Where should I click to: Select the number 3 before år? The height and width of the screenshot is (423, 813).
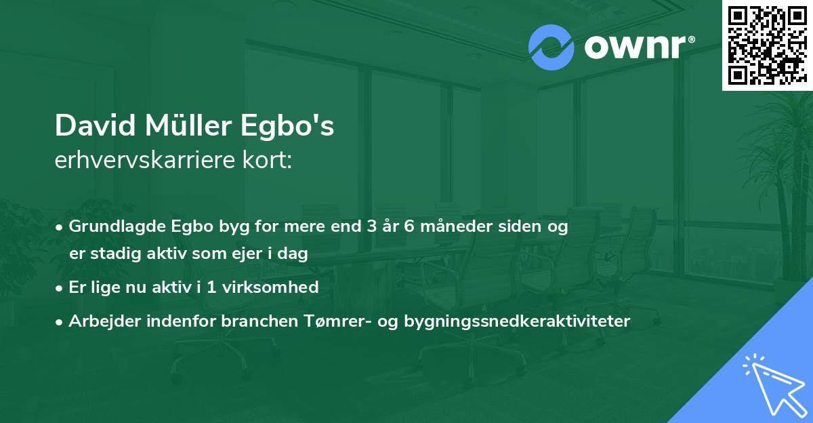coord(370,226)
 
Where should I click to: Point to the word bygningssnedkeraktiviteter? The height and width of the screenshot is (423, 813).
coord(516,321)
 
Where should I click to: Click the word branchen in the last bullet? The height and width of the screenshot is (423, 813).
coord(253,321)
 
